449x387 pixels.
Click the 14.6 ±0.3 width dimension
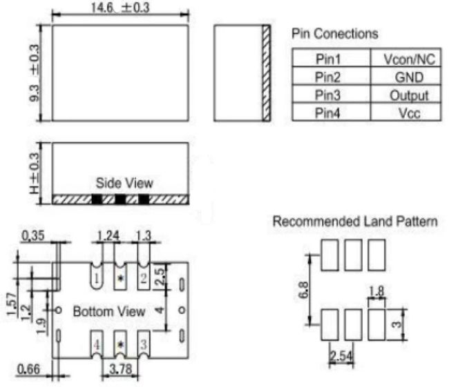(120, 8)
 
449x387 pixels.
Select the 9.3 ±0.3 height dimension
(35, 73)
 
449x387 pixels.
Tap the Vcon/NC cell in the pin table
(409, 59)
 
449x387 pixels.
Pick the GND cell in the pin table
(409, 77)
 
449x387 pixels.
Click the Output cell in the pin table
(409, 95)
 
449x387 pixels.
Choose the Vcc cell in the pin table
(409, 113)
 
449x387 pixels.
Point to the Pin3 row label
(327, 95)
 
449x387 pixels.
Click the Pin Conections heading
(335, 34)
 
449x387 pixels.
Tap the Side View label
(124, 183)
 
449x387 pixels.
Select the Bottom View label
(109, 311)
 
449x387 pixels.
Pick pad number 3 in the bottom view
(144, 344)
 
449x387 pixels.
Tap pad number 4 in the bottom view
(97, 345)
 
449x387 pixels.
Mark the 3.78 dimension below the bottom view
(121, 369)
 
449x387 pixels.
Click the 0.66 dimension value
(28, 369)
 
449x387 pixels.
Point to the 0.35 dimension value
(33, 236)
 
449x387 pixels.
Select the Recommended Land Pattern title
(355, 221)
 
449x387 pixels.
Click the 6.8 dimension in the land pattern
(303, 290)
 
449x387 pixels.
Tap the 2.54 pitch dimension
(341, 356)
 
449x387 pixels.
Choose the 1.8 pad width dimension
(376, 292)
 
